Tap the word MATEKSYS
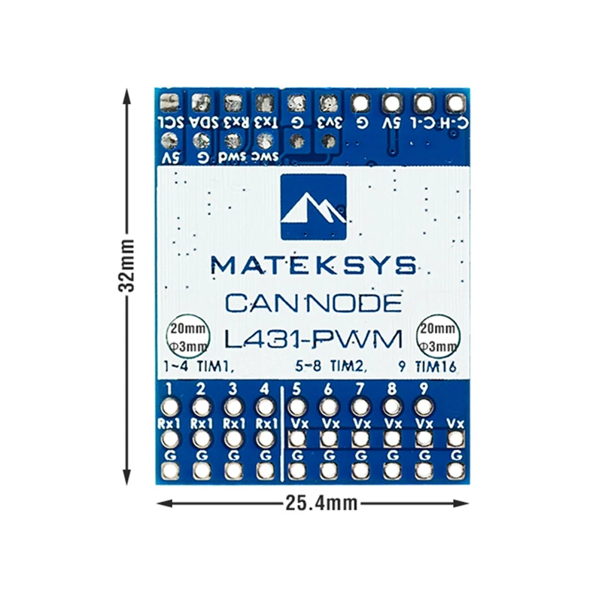coord(313,265)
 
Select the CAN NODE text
coord(313,303)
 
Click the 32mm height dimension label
coord(129,266)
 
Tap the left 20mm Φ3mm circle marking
coord(184,337)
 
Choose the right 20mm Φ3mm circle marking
coord(439,337)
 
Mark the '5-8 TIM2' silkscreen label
coord(330,368)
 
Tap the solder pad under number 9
coord(424,407)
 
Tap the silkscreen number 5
coord(296,389)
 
